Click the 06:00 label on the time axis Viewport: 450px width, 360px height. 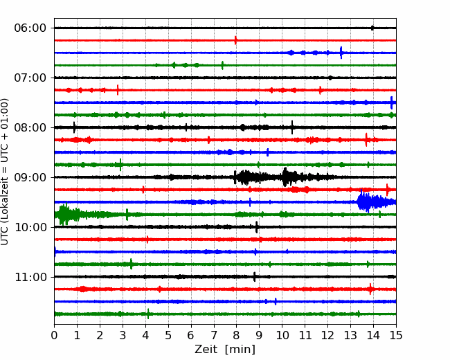click(30, 28)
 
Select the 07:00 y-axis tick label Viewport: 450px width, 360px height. click(30, 78)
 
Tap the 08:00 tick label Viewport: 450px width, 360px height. click(30, 127)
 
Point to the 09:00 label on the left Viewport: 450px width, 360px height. click(30, 177)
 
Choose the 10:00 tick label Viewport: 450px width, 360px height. click(30, 227)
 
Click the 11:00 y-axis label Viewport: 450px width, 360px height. click(30, 277)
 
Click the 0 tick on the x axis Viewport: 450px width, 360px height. click(54, 335)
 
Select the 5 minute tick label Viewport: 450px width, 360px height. click(168, 335)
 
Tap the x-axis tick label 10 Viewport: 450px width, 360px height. click(282, 335)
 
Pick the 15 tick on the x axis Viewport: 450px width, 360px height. click(396, 335)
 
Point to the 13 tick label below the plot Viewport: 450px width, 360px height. click(350, 335)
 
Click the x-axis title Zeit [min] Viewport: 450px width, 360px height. click(225, 350)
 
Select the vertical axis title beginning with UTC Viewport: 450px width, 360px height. click(5, 172)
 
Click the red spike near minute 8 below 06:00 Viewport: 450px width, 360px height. click(235, 40)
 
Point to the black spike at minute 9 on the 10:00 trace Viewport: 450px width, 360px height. click(257, 227)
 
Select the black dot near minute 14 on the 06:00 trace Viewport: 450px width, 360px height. click(372, 28)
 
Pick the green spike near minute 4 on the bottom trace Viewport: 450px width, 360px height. click(148, 314)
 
